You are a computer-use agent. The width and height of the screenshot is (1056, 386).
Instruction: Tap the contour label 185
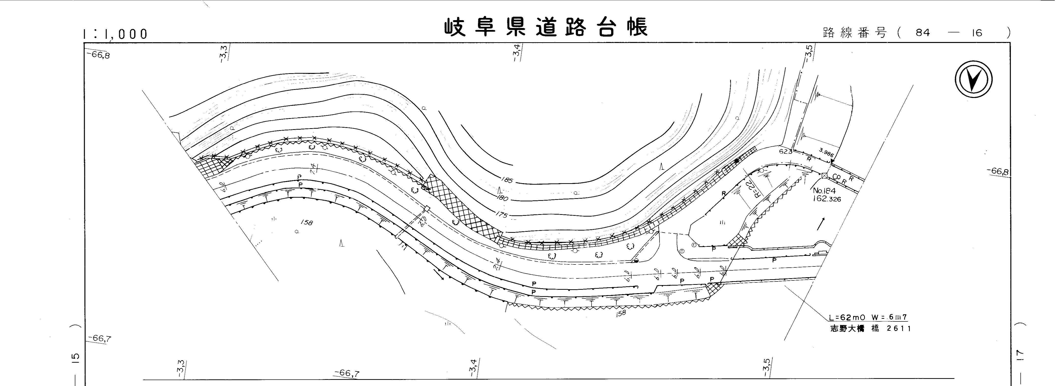[x=507, y=180]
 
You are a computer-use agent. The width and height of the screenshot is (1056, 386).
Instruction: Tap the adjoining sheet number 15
[x=75, y=358]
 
